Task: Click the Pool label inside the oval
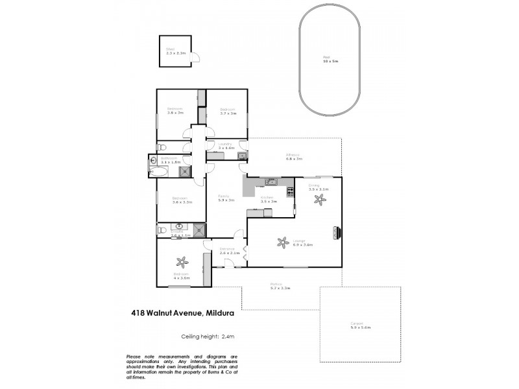pyautogui.click(x=327, y=57)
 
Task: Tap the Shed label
pyautogui.click(x=171, y=49)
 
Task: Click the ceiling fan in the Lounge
pyautogui.click(x=282, y=242)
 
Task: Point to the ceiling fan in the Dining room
pyautogui.click(x=318, y=200)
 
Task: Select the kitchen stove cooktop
pyautogui.click(x=282, y=192)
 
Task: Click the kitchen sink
pyautogui.click(x=273, y=181)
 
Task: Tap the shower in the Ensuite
pyautogui.click(x=199, y=230)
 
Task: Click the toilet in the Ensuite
pyautogui.click(x=161, y=230)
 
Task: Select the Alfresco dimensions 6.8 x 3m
pyautogui.click(x=295, y=158)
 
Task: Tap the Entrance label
pyautogui.click(x=227, y=248)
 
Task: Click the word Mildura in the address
pyautogui.click(x=221, y=312)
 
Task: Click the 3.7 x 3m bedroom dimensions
pyautogui.click(x=227, y=113)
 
